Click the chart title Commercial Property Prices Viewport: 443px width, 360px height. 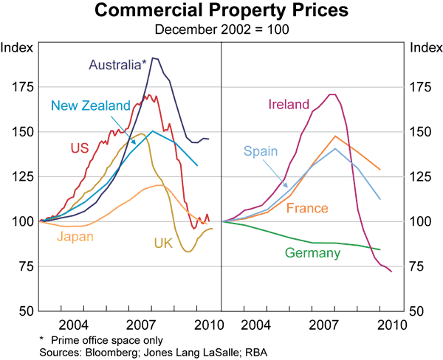tap(221, 11)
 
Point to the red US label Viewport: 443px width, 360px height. tap(80, 148)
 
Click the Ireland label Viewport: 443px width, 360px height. tap(288, 105)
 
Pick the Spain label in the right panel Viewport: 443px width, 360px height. tap(261, 152)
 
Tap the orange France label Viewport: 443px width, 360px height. tap(306, 209)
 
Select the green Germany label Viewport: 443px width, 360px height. tap(312, 253)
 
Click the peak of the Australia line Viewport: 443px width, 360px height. tap(154, 58)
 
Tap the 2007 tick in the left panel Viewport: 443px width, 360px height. tap(140, 325)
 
